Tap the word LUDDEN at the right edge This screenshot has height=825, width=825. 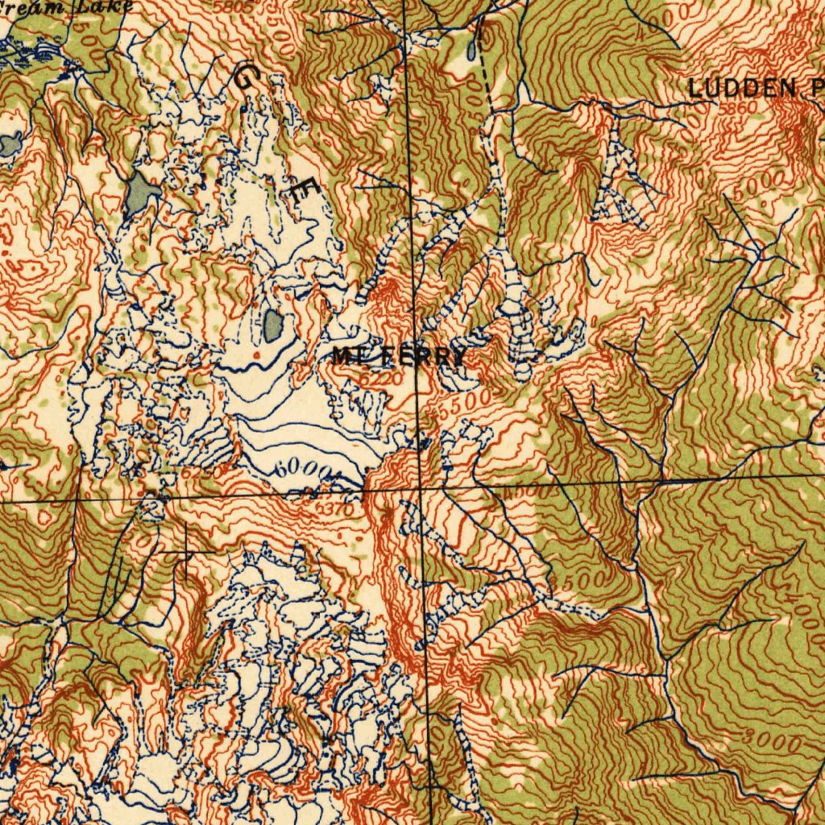tap(742, 89)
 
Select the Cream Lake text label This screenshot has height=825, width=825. tap(68, 7)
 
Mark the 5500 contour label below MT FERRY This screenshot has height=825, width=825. tap(462, 403)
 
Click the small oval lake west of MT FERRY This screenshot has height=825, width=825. tap(273, 325)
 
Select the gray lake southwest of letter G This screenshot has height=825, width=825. tap(142, 193)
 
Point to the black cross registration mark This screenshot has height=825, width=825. tap(186, 552)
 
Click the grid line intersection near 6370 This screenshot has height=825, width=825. tap(421, 488)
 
